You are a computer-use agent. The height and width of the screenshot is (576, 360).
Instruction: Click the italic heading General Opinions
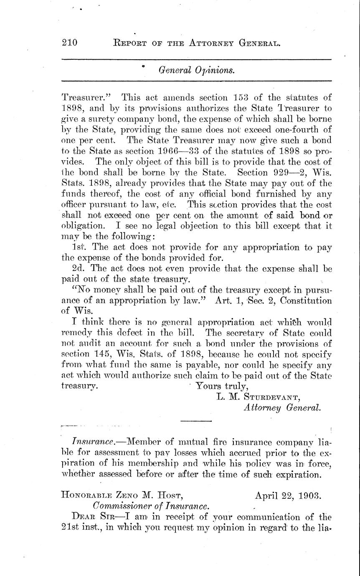point(196,70)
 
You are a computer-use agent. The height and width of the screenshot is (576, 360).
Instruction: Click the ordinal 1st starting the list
point(79,248)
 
